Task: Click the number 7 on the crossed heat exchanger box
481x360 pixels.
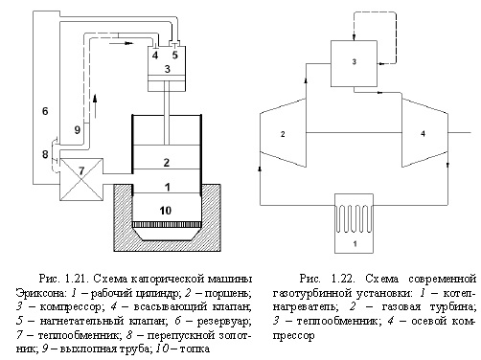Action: (81, 171)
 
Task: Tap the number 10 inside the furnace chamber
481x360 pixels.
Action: (166, 211)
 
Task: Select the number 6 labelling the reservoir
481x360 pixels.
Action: (45, 111)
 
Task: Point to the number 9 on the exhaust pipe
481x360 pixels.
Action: (77, 130)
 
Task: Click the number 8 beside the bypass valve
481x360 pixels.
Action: (45, 154)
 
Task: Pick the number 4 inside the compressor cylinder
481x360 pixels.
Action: (155, 56)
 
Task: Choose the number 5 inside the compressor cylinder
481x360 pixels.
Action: (174, 55)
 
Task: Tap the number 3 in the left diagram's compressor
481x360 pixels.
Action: (168, 69)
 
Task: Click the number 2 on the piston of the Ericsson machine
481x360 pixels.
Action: (166, 163)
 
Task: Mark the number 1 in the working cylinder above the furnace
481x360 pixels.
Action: (167, 187)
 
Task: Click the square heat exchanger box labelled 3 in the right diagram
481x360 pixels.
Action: (354, 63)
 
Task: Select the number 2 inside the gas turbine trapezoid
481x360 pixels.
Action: (283, 134)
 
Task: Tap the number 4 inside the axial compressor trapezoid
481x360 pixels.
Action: (424, 134)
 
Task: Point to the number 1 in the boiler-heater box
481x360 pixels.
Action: (355, 244)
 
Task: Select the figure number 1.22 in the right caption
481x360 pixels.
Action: (343, 279)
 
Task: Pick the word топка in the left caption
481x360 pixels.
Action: (195, 349)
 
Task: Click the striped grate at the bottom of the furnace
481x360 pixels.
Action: (167, 225)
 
